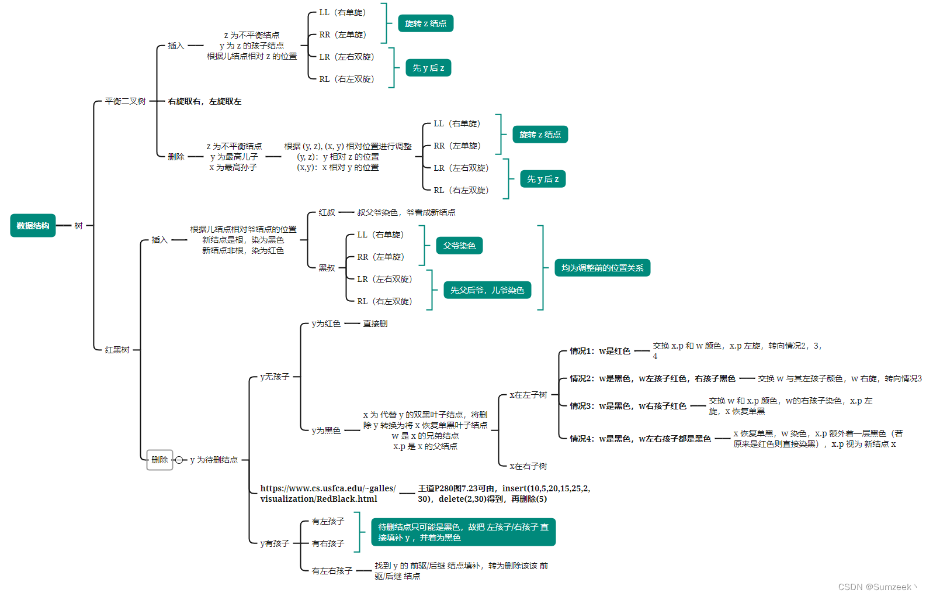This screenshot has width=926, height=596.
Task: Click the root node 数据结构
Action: click(x=33, y=226)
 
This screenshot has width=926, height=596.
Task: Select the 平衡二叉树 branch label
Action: click(x=125, y=101)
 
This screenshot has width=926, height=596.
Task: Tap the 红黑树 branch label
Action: click(x=117, y=350)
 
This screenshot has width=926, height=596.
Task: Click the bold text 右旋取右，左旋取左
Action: click(x=204, y=101)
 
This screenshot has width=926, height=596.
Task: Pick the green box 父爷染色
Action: click(x=459, y=246)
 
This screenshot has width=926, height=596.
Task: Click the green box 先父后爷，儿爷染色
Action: click(x=487, y=290)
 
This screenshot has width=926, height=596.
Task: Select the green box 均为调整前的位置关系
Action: click(x=602, y=268)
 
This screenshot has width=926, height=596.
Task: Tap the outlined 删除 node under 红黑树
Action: click(x=159, y=460)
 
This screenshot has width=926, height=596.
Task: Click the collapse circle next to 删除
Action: click(x=179, y=460)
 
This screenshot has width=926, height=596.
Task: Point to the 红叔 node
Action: click(x=327, y=212)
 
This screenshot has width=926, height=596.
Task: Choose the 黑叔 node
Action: click(x=327, y=268)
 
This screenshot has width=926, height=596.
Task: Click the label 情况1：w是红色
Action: click(x=600, y=351)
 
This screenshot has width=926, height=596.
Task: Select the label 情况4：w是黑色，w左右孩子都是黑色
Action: click(x=640, y=439)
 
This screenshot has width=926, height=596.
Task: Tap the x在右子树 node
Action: click(x=528, y=466)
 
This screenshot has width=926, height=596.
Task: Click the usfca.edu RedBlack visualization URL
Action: click(x=328, y=494)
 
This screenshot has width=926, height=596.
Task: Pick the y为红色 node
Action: click(x=326, y=323)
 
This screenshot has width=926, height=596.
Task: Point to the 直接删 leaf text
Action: click(x=375, y=323)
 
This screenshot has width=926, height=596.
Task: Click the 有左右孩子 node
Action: click(x=332, y=571)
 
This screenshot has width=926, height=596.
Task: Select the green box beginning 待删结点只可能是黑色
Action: click(x=463, y=532)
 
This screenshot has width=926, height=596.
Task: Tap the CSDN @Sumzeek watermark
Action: click(x=875, y=587)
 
